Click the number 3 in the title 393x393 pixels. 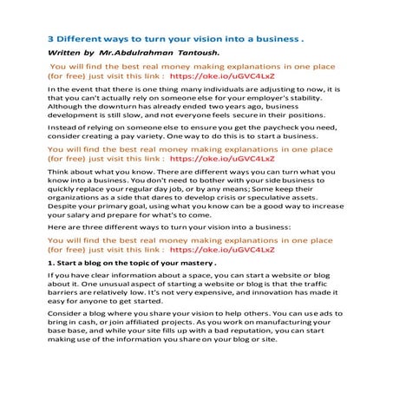50,39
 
